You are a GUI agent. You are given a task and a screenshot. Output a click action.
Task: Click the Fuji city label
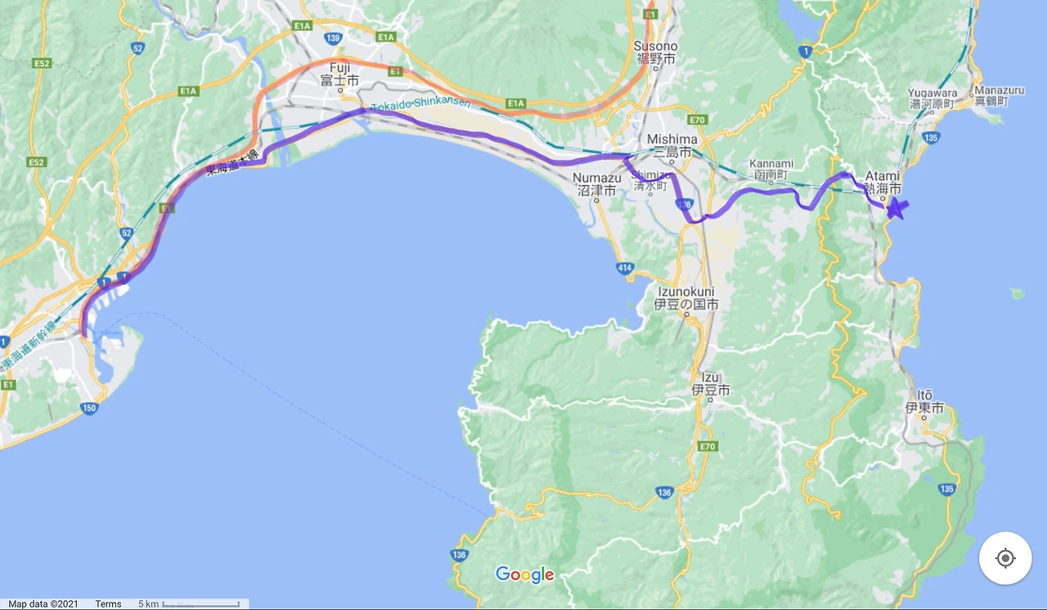click(x=339, y=74)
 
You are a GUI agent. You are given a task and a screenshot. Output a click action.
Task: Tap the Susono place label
click(x=655, y=52)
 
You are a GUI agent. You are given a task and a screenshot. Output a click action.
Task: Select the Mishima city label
click(x=672, y=146)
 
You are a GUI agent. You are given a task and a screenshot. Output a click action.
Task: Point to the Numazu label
click(x=595, y=183)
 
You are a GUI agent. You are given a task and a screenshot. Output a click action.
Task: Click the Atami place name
click(x=883, y=181)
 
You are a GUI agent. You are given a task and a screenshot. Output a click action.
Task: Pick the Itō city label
click(x=924, y=401)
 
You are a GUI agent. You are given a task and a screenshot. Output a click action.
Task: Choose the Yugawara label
click(x=932, y=98)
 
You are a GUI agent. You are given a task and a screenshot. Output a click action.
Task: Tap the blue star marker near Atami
click(x=896, y=208)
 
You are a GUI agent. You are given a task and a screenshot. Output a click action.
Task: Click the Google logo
click(x=525, y=575)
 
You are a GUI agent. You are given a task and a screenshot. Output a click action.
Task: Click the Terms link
click(x=108, y=604)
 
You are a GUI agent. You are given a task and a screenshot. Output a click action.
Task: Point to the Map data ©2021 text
click(x=43, y=604)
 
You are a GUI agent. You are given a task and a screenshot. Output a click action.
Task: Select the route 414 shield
click(x=625, y=268)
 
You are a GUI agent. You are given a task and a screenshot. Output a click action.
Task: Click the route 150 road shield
click(x=91, y=407)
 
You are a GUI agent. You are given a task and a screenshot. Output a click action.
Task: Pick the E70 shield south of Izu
click(x=708, y=446)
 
